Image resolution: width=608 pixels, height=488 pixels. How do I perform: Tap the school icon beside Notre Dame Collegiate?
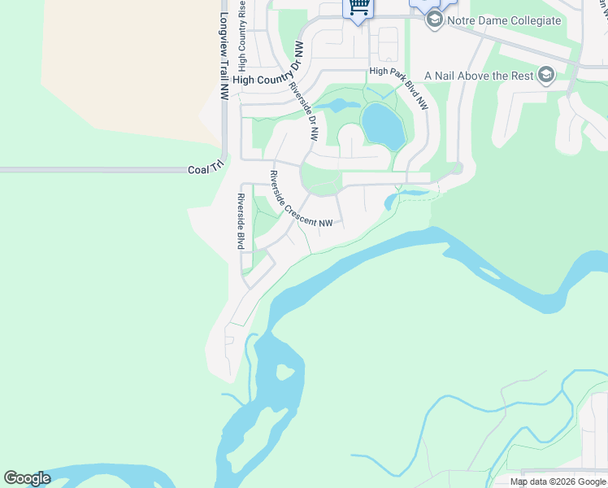click(434, 20)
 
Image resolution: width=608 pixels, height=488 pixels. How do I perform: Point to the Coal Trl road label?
click(205, 169)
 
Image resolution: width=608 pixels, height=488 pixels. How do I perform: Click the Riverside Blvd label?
click(241, 221)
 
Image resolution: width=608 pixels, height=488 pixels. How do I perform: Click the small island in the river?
click(284, 373)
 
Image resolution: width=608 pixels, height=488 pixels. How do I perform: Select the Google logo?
click(27, 478)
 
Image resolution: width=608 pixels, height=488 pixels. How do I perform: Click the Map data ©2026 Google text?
click(558, 481)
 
